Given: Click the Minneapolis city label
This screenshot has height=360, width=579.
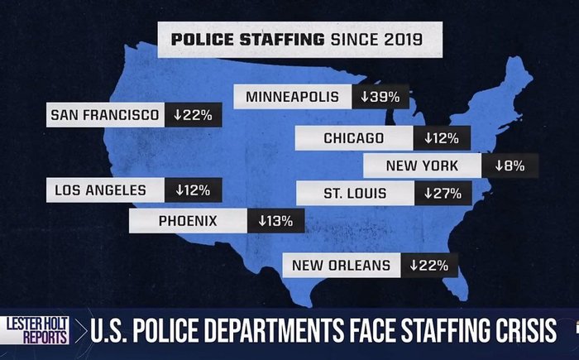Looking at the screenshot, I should tap(292, 97).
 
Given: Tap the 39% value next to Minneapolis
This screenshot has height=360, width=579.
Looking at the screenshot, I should tap(380, 97).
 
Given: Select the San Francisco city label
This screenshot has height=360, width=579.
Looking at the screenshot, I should tap(104, 115).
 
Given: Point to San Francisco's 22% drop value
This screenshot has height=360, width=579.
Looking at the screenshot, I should tap(193, 115).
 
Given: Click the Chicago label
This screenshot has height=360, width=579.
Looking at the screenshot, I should tap(353, 138).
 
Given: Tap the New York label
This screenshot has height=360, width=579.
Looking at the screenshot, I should tap(422, 166).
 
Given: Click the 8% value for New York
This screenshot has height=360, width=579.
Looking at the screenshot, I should tap(510, 166).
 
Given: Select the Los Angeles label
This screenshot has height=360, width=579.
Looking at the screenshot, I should tap(100, 190).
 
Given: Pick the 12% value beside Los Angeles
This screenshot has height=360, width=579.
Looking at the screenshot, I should tap(193, 190).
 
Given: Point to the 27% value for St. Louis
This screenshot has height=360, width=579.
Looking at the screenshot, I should tap(443, 194).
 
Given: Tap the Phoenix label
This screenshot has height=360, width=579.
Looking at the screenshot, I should tap(188, 220).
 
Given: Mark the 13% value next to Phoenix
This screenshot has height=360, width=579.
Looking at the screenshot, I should tap(275, 221).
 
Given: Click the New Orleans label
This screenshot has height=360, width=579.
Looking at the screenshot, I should tap(340, 266).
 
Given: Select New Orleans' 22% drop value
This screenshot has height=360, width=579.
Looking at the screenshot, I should tap(428, 266).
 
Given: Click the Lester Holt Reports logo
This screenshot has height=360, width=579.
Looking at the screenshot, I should tap(34, 331).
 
